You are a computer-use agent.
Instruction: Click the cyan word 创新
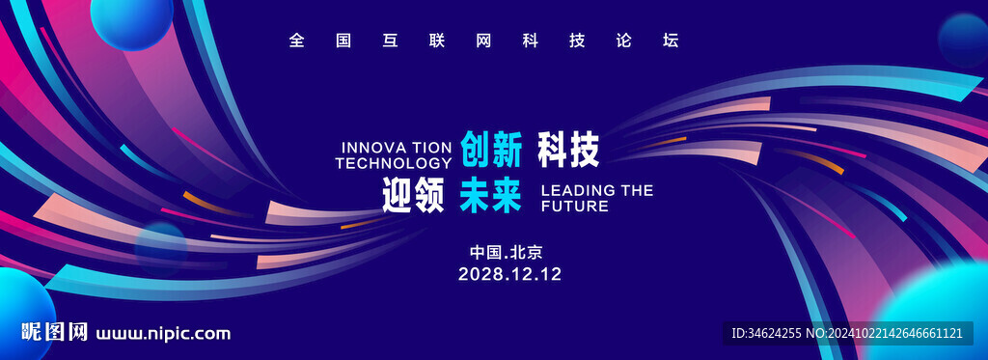point(491,150)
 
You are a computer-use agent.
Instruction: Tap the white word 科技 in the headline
point(567,150)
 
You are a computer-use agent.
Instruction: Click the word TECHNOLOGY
point(394,163)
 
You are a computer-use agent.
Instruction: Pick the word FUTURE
point(575,207)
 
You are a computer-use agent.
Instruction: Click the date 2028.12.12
point(509,274)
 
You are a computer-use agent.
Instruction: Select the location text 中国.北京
point(506,253)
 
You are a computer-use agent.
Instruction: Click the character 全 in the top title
point(297,41)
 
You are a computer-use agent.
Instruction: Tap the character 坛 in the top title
point(671,41)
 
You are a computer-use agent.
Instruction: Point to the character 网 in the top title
point(484,41)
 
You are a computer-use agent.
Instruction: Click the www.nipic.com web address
point(162,334)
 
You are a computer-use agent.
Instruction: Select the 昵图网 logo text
point(54,332)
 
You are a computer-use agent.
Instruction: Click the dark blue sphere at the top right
point(963,40)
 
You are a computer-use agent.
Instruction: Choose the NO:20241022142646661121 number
point(885,333)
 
